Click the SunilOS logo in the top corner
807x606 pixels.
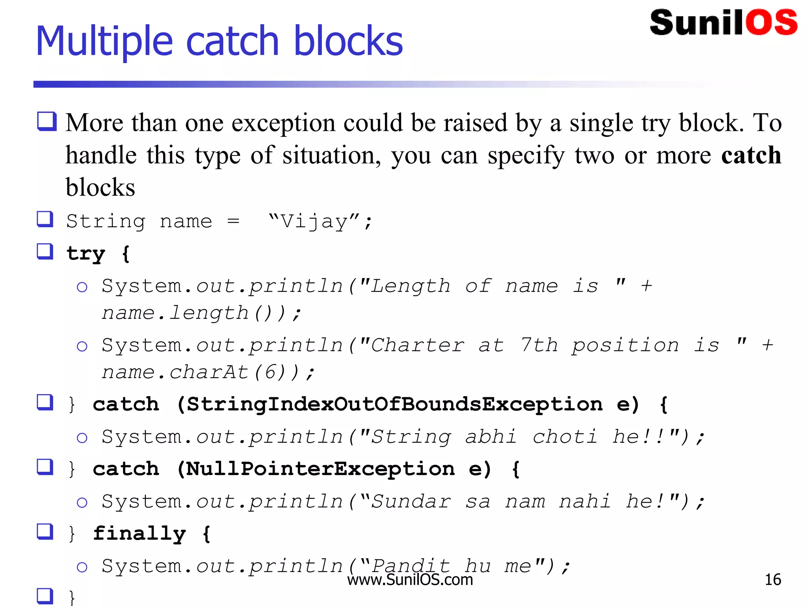pyautogui.click(x=723, y=22)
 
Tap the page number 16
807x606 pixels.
pyautogui.click(x=772, y=580)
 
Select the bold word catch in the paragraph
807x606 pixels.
pyautogui.click(x=751, y=155)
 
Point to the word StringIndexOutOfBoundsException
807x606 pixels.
pyautogui.click(x=394, y=404)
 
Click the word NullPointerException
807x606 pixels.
pyautogui.click(x=320, y=469)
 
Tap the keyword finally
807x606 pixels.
pyautogui.click(x=139, y=534)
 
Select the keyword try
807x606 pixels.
pyautogui.click(x=86, y=253)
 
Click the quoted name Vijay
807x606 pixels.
pyautogui.click(x=314, y=221)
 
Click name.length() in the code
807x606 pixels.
pyautogui.click(x=193, y=313)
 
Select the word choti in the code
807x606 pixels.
pyautogui.click(x=565, y=437)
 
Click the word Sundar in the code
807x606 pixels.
pyautogui.click(x=411, y=502)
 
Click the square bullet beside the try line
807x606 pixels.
pyautogui.click(x=45, y=251)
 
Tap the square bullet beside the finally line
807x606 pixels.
pyautogui.click(x=45, y=531)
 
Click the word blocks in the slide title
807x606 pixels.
pyautogui.click(x=348, y=41)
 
